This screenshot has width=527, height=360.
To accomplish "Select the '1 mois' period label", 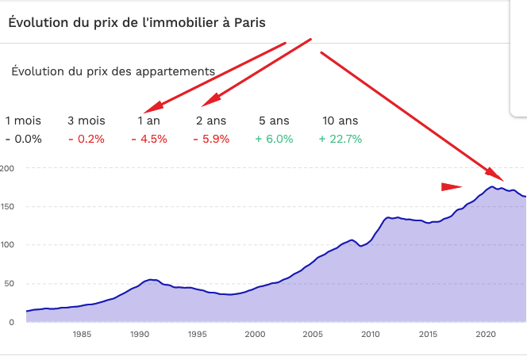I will [23, 121].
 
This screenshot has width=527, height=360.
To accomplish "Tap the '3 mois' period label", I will [86, 121].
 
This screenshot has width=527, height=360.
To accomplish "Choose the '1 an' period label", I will [149, 121].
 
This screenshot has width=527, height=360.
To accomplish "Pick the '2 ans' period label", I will [211, 121].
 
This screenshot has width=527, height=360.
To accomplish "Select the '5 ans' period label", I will [274, 121].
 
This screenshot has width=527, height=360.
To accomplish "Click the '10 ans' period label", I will [340, 121].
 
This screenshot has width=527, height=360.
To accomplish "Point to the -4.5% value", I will [149, 139].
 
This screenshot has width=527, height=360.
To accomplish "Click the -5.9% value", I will [211, 139].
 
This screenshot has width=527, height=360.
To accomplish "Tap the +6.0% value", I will [274, 139].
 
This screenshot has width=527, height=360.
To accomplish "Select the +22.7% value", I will [340, 139].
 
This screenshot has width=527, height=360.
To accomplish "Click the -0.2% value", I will [86, 139].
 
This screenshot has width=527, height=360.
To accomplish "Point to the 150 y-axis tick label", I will [8, 206].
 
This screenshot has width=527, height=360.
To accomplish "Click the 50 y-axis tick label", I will [10, 283].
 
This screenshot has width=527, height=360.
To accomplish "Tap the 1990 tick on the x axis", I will [140, 335].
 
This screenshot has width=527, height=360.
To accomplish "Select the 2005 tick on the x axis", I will [312, 335].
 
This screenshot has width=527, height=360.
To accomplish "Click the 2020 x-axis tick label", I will [485, 335].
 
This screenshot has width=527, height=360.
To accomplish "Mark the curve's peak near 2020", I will [492, 186].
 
